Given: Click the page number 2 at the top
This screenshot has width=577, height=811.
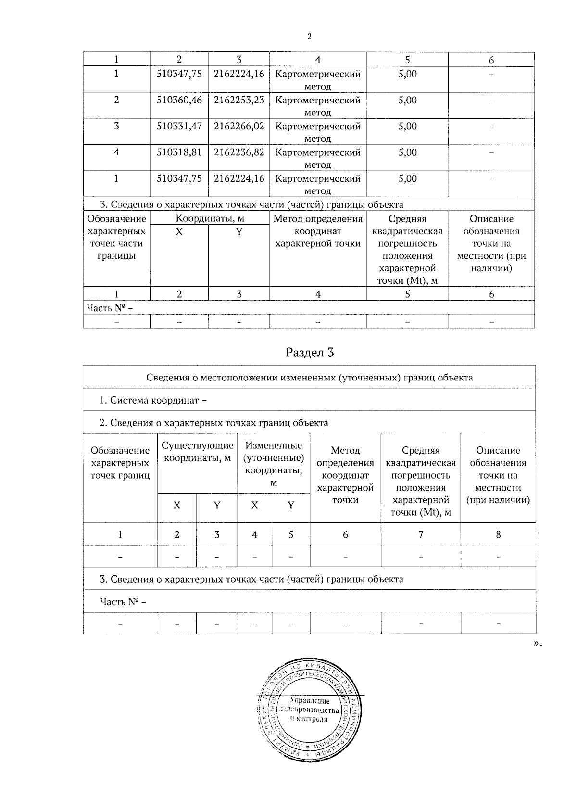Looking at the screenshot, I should [309, 37].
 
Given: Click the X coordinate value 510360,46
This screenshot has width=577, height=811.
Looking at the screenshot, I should [179, 101].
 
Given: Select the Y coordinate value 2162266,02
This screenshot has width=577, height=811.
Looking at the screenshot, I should [239, 127].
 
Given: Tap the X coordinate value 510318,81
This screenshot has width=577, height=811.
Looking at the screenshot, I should [179, 152].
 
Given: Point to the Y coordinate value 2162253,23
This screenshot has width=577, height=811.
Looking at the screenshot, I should [239, 101].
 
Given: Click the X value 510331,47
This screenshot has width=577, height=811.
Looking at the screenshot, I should [179, 127].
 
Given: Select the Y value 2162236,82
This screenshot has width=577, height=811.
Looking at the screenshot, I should [239, 152].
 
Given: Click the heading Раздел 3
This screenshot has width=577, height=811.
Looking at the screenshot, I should [309, 353].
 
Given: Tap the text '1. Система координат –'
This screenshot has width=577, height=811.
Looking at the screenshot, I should [153, 400].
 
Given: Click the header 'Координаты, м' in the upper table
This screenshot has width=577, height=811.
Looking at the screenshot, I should [210, 219].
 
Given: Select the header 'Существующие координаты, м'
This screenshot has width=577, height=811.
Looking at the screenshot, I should [198, 452].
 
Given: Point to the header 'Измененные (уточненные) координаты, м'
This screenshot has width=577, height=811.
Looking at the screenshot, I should [274, 464].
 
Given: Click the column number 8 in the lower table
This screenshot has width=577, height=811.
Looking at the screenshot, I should [498, 534].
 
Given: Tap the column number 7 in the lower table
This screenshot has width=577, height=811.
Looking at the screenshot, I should [421, 534].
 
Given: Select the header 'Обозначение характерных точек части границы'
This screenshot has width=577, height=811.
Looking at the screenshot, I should [116, 237].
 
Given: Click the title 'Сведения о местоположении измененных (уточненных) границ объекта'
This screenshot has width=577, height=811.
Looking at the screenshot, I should [309, 378].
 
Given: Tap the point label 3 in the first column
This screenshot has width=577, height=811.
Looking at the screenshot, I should [116, 127].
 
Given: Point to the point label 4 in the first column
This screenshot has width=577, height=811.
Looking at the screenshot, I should [116, 152].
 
